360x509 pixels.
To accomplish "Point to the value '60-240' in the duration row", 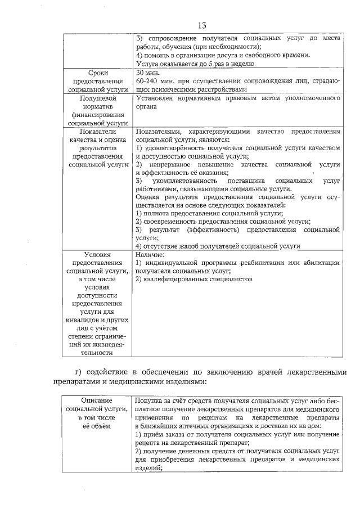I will click(x=147, y=81).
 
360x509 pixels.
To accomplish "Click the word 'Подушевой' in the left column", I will click(x=98, y=98).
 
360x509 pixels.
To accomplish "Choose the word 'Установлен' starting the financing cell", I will click(x=155, y=98).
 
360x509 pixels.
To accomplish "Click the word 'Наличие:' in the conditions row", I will click(x=150, y=255).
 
